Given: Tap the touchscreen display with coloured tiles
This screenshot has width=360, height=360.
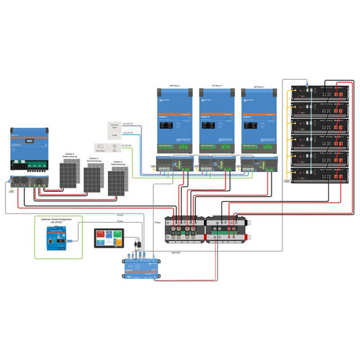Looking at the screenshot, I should click(x=109, y=238).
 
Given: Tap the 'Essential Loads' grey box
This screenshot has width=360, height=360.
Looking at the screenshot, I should click(x=114, y=126).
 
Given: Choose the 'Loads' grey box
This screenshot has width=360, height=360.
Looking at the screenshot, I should click(x=114, y=136).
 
